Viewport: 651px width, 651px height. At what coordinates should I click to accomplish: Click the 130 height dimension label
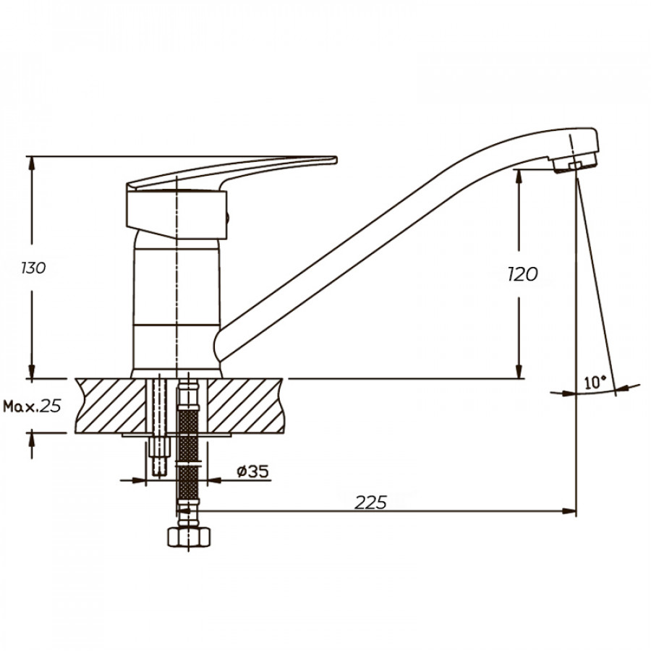[x=33, y=268]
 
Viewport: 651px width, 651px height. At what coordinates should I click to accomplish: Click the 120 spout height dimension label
[x=523, y=274]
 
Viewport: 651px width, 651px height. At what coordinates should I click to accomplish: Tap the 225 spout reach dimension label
[x=370, y=503]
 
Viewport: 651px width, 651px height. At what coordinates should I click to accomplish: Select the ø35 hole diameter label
[x=252, y=471]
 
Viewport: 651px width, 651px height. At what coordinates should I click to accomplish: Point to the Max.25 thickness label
[x=32, y=406]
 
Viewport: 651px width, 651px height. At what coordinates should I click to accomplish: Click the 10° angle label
[x=595, y=382]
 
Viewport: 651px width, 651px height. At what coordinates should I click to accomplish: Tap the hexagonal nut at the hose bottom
[x=189, y=537]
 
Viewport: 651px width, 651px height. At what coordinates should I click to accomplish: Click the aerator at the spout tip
[x=575, y=163]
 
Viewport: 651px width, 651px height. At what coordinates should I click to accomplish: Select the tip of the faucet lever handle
[x=336, y=160]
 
